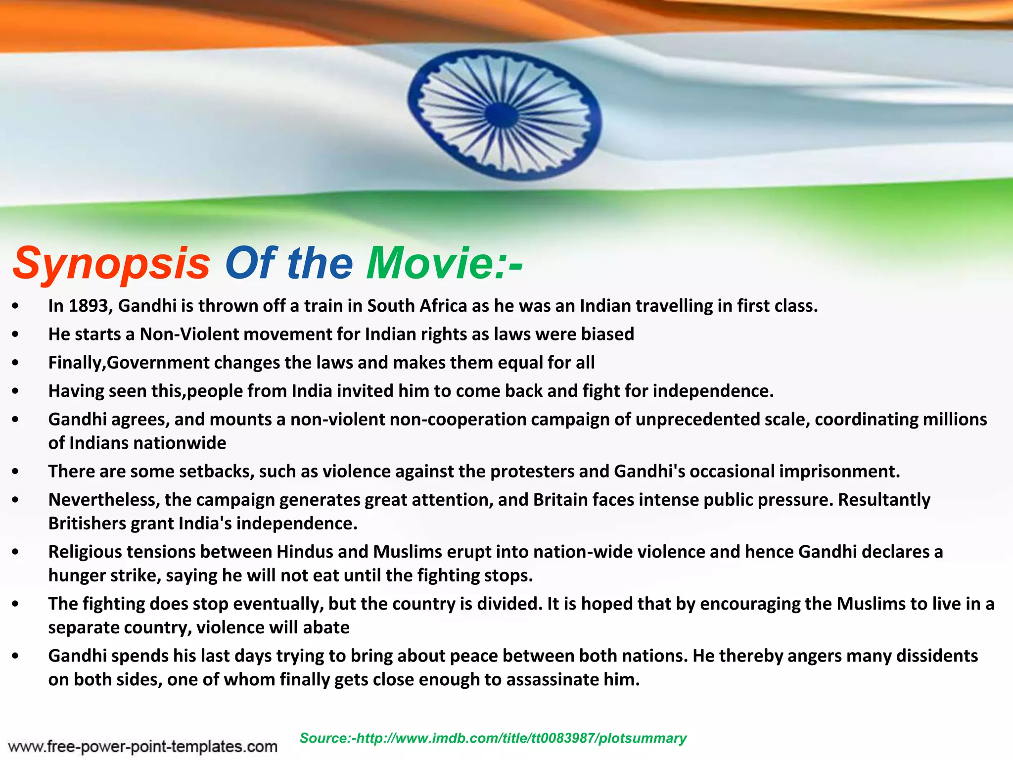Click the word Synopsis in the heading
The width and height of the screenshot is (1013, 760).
112,263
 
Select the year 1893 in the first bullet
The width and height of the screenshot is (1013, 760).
89,306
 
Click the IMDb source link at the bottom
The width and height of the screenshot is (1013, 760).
493,738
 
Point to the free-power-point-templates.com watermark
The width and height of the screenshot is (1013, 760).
142,746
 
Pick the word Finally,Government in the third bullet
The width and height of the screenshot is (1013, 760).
129,363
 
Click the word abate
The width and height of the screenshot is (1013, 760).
326,627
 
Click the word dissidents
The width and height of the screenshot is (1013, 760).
937,656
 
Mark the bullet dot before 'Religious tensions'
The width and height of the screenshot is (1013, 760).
16,552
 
